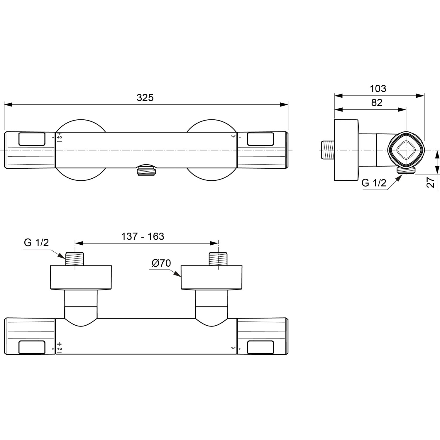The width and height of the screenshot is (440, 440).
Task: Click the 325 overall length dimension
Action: click(x=145, y=98)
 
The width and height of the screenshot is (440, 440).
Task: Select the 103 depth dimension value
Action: click(x=378, y=89)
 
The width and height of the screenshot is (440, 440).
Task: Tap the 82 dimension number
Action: click(x=377, y=103)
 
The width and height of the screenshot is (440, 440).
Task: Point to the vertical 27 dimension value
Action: click(x=431, y=182)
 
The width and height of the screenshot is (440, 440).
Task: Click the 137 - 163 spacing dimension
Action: click(x=143, y=236)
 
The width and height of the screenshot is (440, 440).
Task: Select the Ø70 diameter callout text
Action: click(x=161, y=263)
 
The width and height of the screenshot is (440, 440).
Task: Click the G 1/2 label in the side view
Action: click(x=374, y=183)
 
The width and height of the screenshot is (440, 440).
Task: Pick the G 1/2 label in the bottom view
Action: click(x=36, y=243)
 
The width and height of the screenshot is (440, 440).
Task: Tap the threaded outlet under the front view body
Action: click(x=146, y=171)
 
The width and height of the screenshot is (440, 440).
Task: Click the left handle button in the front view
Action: click(x=32, y=139)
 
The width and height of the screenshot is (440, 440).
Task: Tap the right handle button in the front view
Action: click(x=260, y=139)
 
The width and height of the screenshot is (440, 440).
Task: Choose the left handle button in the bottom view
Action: click(x=32, y=347)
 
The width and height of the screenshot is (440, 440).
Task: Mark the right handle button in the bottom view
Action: click(x=260, y=347)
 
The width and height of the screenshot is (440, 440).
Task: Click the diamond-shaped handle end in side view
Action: click(x=406, y=150)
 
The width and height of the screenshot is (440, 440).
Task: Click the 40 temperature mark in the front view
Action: click(x=60, y=137)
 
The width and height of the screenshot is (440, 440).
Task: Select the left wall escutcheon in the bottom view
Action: click(x=81, y=277)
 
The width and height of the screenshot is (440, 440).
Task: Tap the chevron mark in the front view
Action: click(x=233, y=136)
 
